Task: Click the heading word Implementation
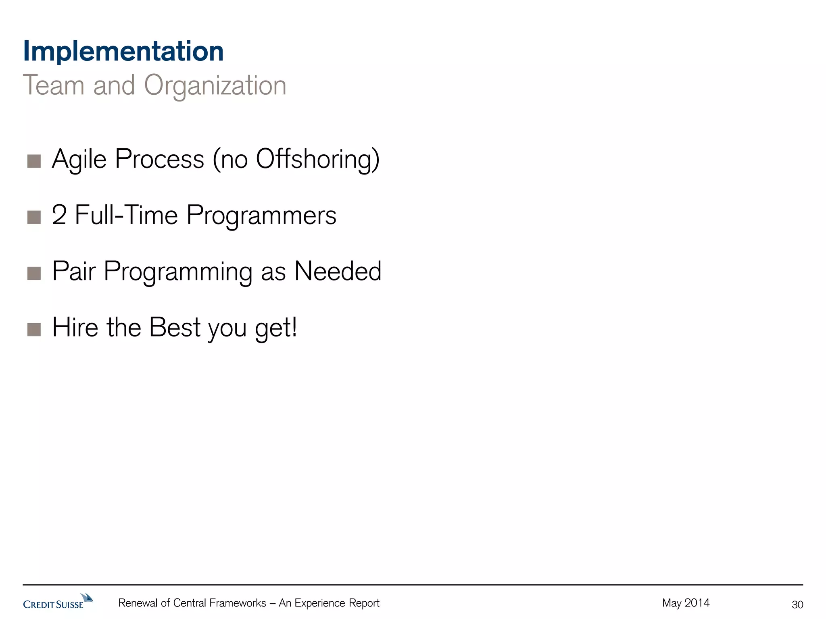123,52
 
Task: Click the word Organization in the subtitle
215,86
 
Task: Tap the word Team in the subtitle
54,85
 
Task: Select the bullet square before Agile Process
34,161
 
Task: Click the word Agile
79,160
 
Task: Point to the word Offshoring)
318,160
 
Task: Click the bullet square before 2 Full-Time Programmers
34,217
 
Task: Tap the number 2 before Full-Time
59,215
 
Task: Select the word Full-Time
126,215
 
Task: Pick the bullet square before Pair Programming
34,273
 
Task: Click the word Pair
74,271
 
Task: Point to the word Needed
338,271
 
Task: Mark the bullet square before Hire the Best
34,329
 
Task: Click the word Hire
75,327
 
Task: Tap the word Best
175,327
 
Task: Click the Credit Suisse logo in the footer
58,602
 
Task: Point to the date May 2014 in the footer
686,603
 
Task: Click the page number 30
797,604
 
